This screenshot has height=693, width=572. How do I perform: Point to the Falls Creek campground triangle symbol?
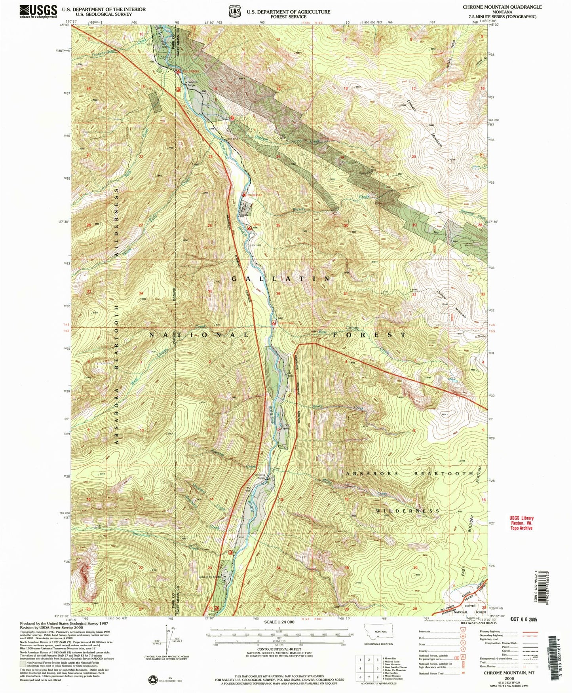coord(179,72)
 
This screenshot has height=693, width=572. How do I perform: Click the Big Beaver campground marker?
coord(244,195)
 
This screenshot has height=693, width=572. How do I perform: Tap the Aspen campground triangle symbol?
coord(249,228)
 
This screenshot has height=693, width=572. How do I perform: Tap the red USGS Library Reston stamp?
coord(521,523)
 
